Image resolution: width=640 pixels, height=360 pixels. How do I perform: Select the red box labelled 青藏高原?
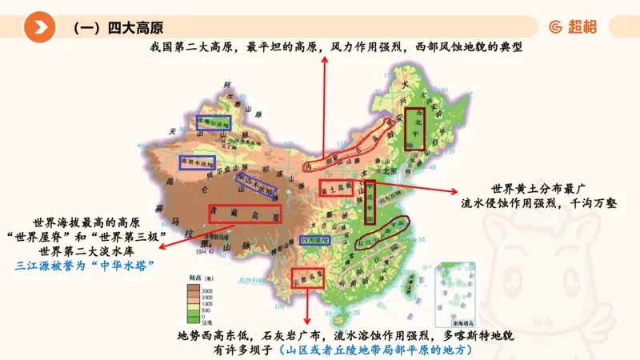pyautogui.click(x=244, y=214)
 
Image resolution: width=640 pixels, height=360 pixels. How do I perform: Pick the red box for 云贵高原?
pyautogui.click(x=308, y=277)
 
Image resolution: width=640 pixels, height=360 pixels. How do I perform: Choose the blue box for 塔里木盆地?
pyautogui.click(x=197, y=162)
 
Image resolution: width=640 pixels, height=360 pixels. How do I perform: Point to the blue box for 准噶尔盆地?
pyautogui.click(x=214, y=122)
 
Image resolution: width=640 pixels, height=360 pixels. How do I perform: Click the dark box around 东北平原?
pyautogui.click(x=414, y=128)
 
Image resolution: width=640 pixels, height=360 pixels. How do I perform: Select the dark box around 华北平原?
pyautogui.click(x=370, y=199)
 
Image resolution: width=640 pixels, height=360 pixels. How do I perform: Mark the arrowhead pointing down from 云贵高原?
pyautogui.click(x=308, y=320)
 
